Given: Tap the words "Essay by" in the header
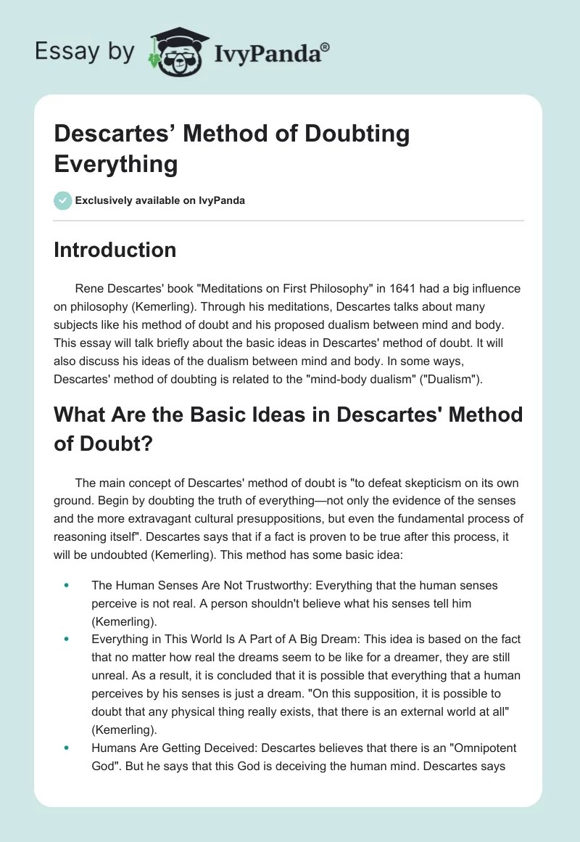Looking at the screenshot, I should [x=85, y=52].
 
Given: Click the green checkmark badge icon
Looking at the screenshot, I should [x=63, y=200].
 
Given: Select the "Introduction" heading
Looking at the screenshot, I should [x=115, y=250].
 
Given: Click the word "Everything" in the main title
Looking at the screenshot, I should [x=116, y=163].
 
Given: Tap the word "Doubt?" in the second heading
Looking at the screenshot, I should [x=102, y=444].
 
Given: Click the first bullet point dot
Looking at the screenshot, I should [x=67, y=585].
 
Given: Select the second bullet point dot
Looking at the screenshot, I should [x=67, y=639].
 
